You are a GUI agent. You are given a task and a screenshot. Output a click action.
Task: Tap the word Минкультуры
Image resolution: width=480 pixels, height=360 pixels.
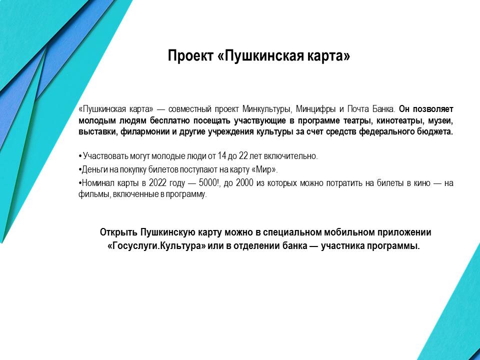266,108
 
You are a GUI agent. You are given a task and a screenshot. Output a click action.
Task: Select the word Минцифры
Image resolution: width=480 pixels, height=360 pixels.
314,108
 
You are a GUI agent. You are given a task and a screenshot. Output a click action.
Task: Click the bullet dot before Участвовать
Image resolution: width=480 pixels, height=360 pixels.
80,156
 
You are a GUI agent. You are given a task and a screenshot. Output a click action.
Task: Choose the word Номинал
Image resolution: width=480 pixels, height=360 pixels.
96,183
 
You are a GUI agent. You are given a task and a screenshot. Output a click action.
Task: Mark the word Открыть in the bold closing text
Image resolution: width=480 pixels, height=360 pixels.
119,233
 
